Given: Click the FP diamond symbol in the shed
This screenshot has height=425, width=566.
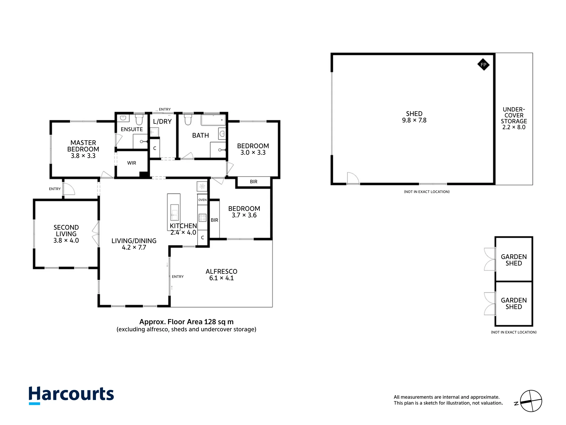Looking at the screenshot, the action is [483, 65].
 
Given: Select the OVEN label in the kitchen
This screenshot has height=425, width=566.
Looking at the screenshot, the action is [202, 200].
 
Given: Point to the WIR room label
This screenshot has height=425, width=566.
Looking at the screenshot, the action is [132, 163].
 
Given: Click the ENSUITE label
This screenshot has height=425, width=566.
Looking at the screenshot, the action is [132, 129].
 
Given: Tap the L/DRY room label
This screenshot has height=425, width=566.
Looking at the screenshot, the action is [162, 122].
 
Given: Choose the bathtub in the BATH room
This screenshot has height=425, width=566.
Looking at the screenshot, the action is [213, 120].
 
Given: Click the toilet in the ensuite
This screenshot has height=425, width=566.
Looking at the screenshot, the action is [139, 120].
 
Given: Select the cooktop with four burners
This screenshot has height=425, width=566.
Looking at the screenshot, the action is [202, 218].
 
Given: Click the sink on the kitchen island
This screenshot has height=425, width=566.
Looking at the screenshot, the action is [175, 212].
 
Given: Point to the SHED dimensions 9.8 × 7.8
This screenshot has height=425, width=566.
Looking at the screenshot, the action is [414, 120].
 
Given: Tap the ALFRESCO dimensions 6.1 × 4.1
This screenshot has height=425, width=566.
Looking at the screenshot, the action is [221, 278].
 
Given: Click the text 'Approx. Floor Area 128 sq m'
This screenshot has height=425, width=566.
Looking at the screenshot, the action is [186, 322].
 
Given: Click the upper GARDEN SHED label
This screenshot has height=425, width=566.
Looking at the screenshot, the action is [514, 260].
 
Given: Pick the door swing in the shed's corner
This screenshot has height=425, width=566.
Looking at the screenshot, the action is [353, 178].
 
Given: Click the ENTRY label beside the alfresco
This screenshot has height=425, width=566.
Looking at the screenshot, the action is [178, 277].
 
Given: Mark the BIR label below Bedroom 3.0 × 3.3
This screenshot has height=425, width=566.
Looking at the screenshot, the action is [254, 182].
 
